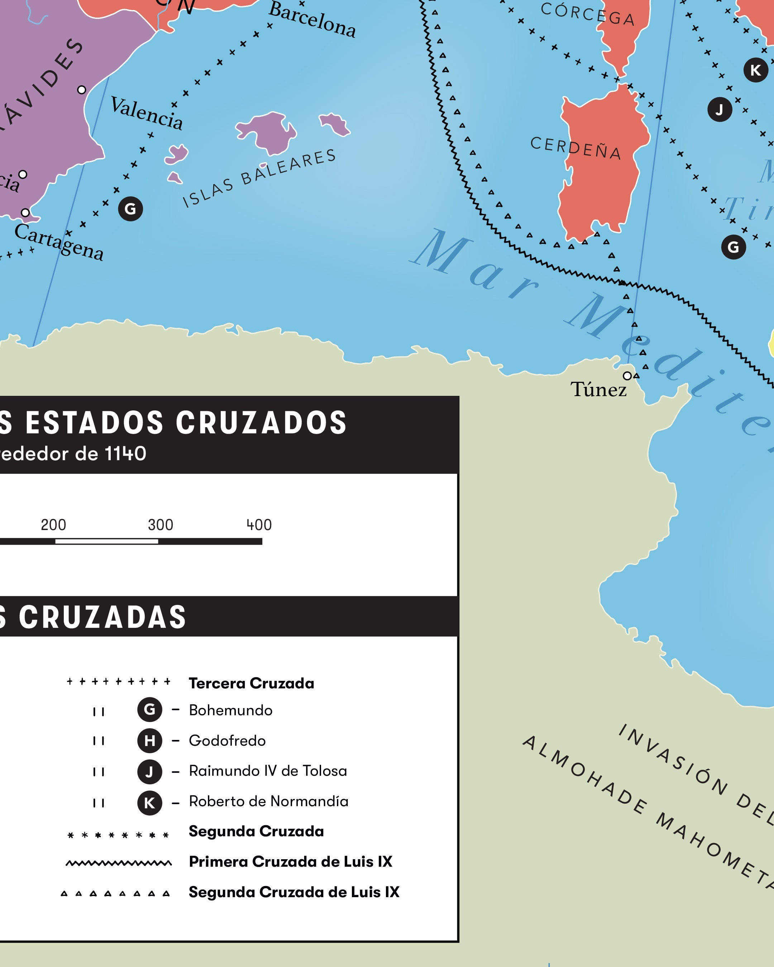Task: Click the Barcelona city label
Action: [312, 20]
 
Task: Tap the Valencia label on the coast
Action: [147, 114]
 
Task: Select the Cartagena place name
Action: [59, 242]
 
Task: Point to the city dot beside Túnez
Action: [627, 375]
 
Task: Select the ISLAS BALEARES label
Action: [259, 178]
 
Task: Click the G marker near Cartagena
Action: [130, 208]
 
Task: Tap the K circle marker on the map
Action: [756, 70]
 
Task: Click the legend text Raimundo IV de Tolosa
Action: [268, 770]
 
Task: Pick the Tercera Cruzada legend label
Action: [251, 683]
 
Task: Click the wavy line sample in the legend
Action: [119, 862]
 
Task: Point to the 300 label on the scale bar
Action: [161, 525]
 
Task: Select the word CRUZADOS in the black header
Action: [261, 423]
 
